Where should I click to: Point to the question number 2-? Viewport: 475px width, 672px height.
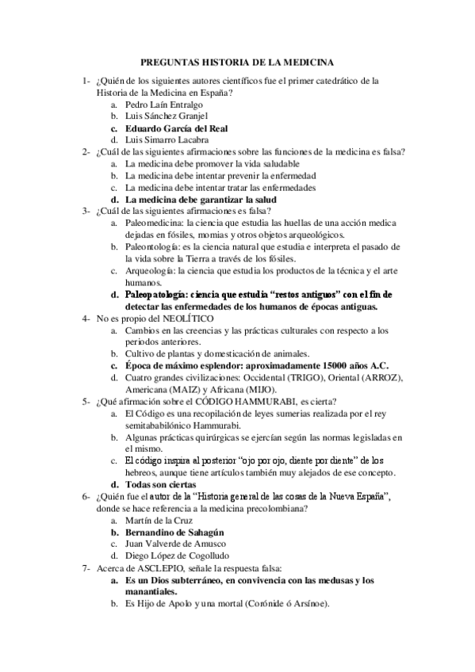[x=85, y=151]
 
